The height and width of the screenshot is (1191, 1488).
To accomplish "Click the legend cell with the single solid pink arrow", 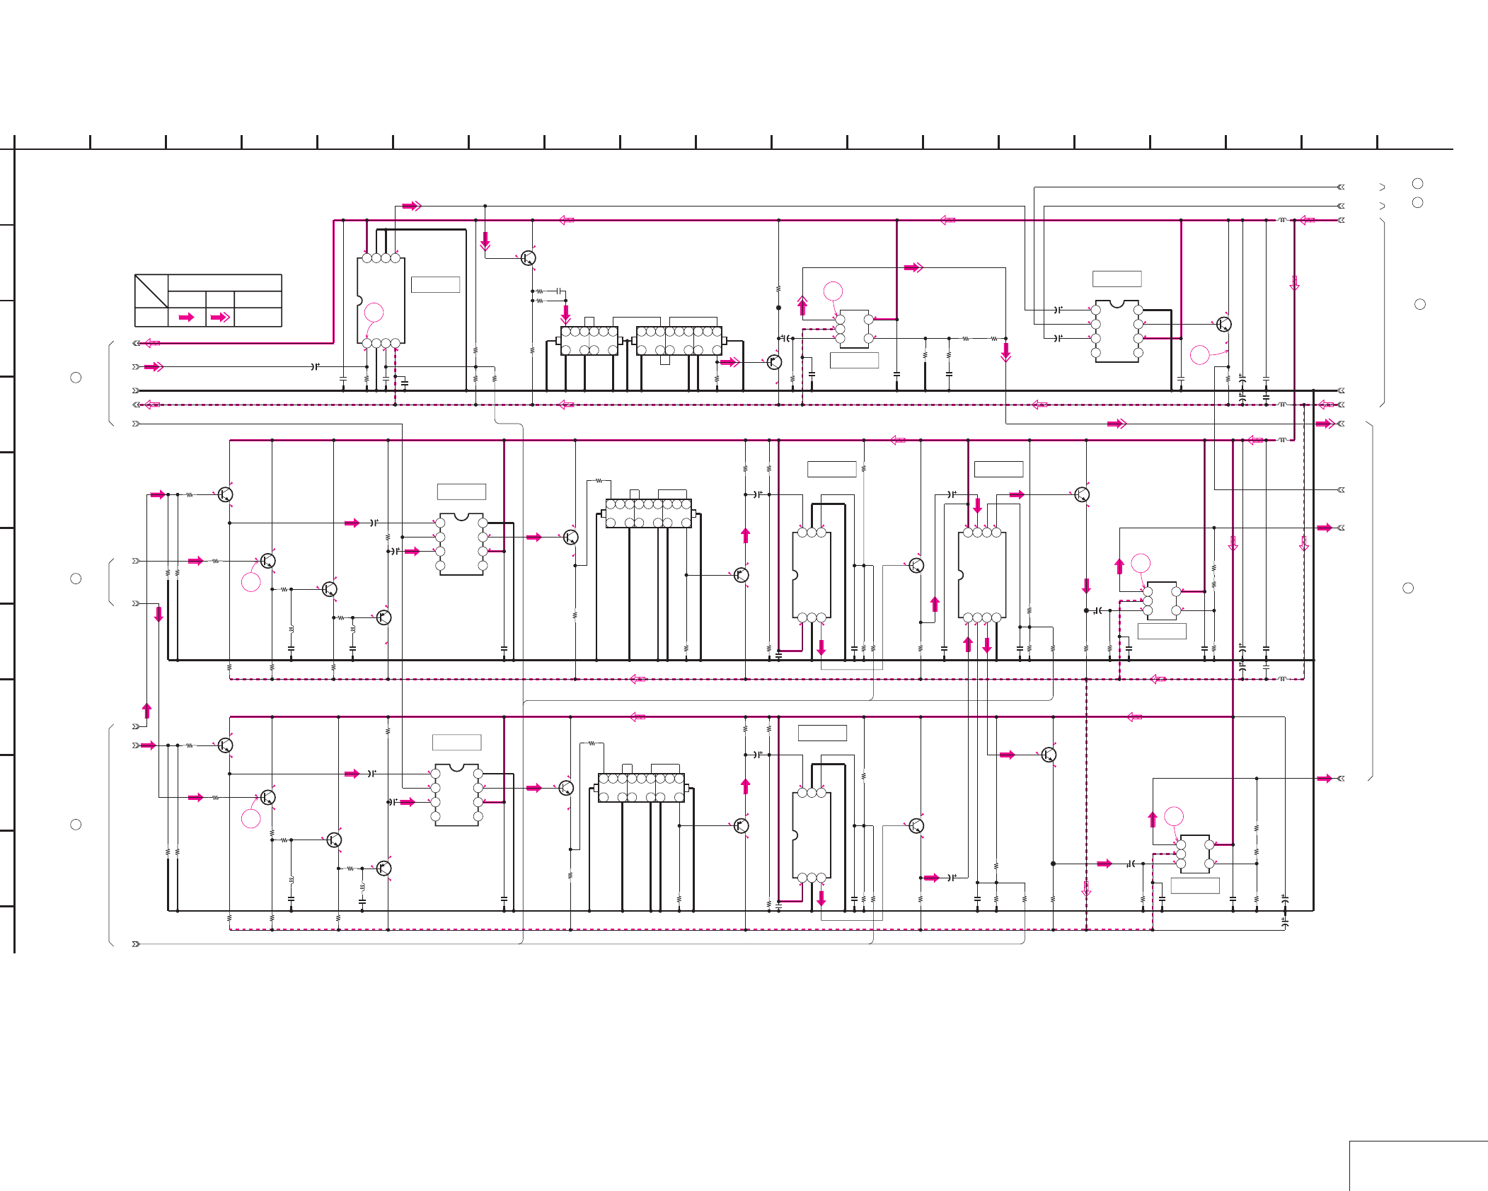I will point(187,317).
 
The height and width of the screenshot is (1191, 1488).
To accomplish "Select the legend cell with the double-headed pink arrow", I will point(220,317).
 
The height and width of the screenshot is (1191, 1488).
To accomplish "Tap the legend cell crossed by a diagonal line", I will point(151,291).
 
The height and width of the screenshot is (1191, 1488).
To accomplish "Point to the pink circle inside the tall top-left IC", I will point(374,312).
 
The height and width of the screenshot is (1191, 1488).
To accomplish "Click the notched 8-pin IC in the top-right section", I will point(1117,331).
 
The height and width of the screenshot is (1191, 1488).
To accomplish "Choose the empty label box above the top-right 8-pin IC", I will point(1117,279).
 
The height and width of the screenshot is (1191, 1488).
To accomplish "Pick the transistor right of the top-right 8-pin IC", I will point(1223,325).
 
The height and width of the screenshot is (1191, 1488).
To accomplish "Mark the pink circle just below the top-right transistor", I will point(1200,354).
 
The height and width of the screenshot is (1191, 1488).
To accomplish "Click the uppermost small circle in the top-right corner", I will point(1417,184).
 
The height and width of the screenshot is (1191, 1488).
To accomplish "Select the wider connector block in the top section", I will point(679,340).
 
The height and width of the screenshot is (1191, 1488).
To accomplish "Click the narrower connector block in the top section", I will point(589,340).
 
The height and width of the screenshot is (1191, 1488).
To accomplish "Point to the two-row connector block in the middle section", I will point(648,513).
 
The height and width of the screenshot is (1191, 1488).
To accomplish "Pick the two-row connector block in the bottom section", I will point(641,787).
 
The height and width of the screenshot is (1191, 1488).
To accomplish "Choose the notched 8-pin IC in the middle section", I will point(461,544).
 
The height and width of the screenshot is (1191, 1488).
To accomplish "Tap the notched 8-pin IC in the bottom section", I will point(456,795).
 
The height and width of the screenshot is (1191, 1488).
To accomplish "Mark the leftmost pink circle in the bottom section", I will point(251,818).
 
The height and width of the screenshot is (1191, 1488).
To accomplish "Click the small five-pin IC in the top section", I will point(854,329).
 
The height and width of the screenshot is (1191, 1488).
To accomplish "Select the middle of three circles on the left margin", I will point(76,579).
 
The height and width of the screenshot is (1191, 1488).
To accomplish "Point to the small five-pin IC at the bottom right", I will point(1195,854).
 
